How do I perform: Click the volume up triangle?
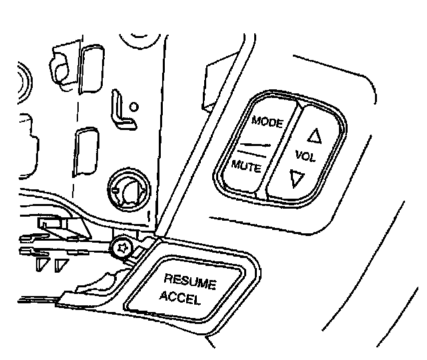click(314, 137)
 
